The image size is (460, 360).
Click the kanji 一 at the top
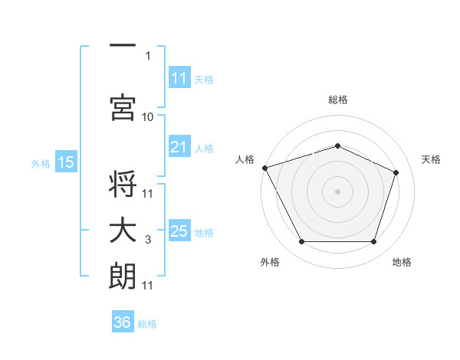[123, 45]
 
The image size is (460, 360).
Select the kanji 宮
[123, 107]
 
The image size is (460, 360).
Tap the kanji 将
[123, 184]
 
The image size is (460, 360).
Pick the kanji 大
[123, 230]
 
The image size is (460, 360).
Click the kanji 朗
[122, 276]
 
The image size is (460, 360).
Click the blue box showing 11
[179, 77]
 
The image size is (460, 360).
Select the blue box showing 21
[179, 146]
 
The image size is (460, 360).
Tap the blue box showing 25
[179, 230]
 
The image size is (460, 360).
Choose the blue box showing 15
[66, 161]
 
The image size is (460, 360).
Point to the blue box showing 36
[123, 321]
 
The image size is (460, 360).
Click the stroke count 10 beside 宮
[147, 117]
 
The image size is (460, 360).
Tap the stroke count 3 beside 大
[148, 240]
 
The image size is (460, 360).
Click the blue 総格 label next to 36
[147, 324]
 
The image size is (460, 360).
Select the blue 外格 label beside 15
[41, 164]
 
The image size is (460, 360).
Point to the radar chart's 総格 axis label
[337, 100]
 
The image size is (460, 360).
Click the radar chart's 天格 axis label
[431, 159]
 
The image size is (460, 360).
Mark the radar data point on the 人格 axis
[265, 168]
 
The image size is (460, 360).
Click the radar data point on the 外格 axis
[301, 241]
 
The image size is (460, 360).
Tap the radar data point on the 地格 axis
[373, 241]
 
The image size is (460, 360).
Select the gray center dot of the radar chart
[337, 191]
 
